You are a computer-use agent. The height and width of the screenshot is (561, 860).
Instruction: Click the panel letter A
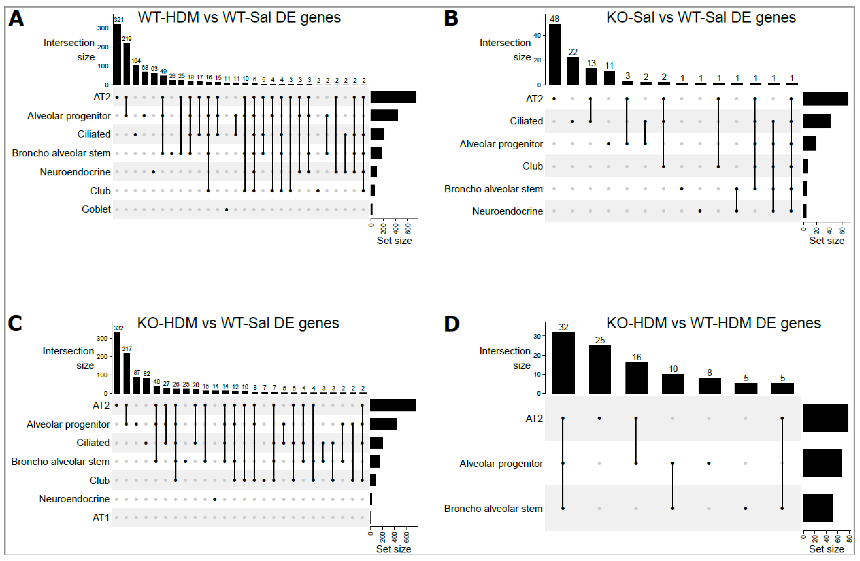[x=16, y=18]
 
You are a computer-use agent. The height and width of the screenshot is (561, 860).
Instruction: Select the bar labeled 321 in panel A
[x=117, y=54]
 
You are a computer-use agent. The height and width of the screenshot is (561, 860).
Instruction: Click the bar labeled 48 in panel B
[x=554, y=54]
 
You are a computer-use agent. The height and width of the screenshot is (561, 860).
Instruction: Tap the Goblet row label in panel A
[x=96, y=209]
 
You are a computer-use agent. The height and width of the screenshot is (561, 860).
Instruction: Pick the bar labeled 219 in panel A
[x=126, y=64]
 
